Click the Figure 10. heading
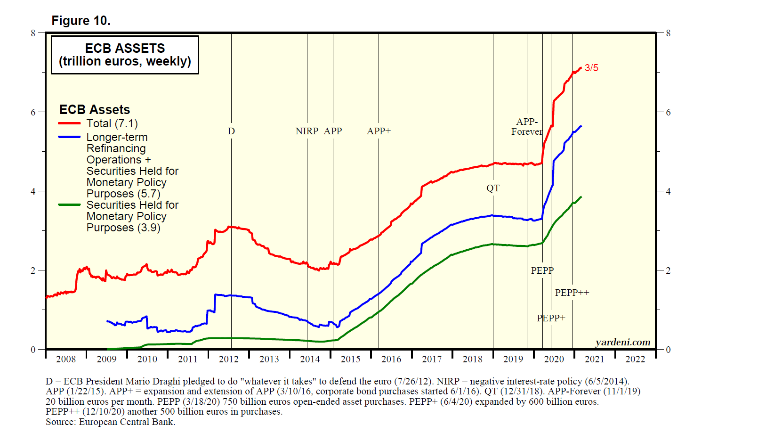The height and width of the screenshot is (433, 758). coord(81,21)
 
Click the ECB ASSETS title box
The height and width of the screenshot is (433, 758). coord(125,55)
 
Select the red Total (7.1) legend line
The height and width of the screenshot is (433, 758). coord(69,123)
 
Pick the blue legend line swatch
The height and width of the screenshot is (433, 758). coord(69,137)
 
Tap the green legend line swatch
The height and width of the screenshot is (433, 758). coord(69,205)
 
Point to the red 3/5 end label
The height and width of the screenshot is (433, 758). coord(591,68)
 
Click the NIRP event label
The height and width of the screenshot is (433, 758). coord(306,131)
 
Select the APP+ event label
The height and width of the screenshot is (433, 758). coord(379,131)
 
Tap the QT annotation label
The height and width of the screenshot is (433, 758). coord(493,188)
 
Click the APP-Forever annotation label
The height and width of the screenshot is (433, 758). coord(527,127)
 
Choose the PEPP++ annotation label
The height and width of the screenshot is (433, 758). coord(572,293)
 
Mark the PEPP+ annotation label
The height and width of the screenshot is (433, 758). coord(551,318)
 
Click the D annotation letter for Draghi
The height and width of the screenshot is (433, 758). coord(231,131)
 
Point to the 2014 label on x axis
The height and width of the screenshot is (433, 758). coord(310,359)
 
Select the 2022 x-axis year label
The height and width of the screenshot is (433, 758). coord(635,359)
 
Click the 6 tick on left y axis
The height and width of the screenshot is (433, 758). coord(33,112)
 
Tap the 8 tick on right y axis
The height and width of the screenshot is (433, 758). coord(668,33)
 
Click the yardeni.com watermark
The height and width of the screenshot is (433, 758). coord(622,342)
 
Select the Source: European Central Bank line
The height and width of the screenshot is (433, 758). coord(110,422)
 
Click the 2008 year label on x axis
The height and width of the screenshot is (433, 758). coord(66,359)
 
